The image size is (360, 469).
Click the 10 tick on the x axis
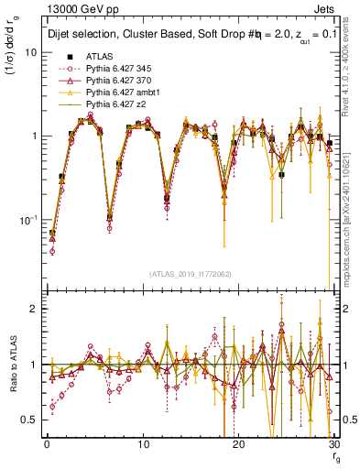142,445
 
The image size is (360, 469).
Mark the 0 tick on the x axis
47,445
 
